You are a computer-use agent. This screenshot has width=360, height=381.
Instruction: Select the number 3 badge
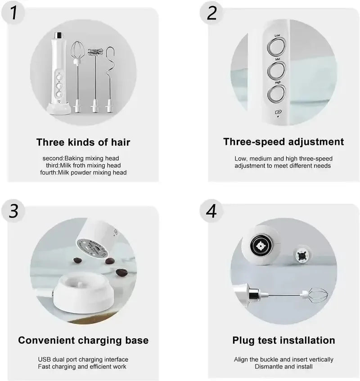[x=14, y=211]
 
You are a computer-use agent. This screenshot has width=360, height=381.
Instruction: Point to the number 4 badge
[x=212, y=211]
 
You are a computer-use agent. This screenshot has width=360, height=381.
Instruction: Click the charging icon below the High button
[x=278, y=112]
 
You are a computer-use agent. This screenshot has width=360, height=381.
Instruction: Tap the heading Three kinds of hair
[x=83, y=143]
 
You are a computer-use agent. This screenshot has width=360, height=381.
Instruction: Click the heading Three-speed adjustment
[x=283, y=142]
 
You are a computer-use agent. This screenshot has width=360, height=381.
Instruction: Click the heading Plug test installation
[x=283, y=340]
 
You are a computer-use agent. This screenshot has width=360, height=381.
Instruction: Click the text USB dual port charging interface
[x=83, y=359]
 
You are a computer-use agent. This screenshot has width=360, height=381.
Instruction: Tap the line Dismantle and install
[x=283, y=367]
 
